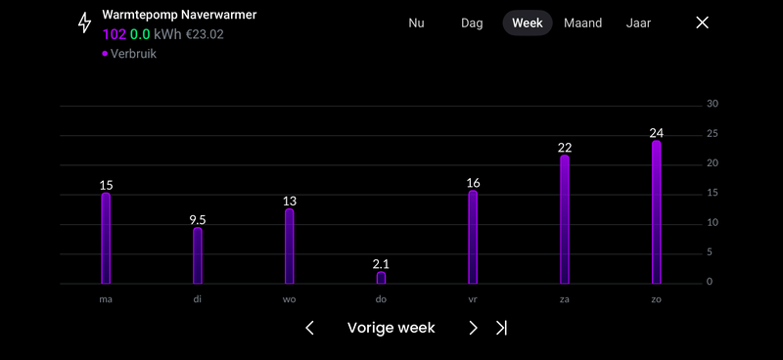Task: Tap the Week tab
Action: (x=528, y=23)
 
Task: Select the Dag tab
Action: (x=472, y=23)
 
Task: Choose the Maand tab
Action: (x=583, y=23)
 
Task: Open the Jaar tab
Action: (x=638, y=23)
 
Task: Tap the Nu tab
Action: (x=416, y=23)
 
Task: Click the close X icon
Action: (x=702, y=23)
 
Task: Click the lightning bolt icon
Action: (x=85, y=23)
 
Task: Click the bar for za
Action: (x=565, y=219)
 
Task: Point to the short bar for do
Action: (x=381, y=278)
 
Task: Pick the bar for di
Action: (x=198, y=255)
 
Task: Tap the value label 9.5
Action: (x=198, y=220)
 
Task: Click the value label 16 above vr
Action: (x=473, y=183)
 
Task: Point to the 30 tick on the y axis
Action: (x=713, y=105)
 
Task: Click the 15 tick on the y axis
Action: (x=713, y=194)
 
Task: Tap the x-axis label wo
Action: (x=289, y=299)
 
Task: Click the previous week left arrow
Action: (x=310, y=328)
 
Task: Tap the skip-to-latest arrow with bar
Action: (x=501, y=328)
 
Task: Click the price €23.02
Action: (x=205, y=34)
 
